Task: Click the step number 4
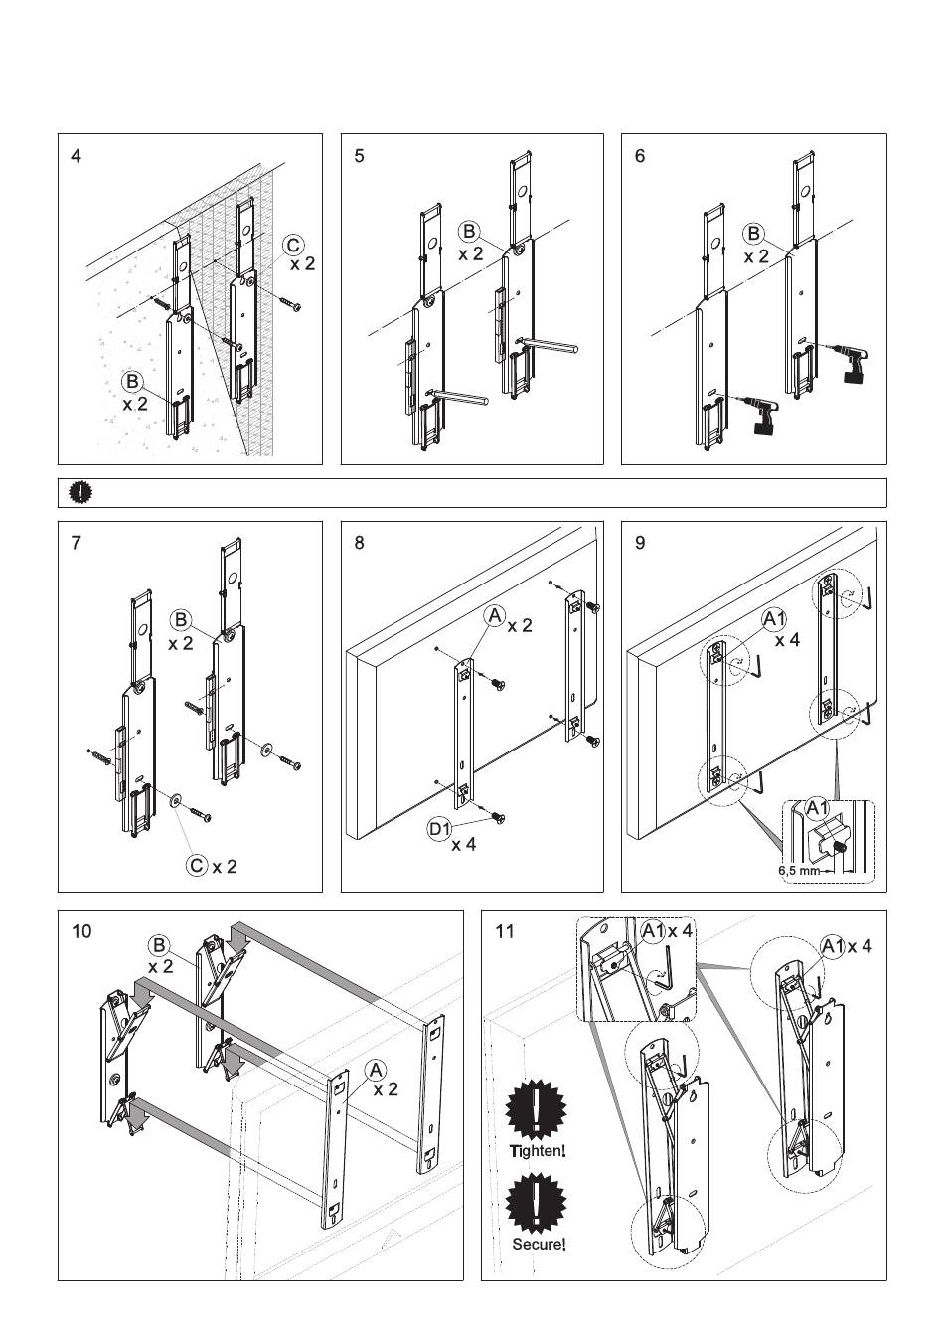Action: click(x=76, y=156)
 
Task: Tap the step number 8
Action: click(x=359, y=544)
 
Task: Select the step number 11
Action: click(x=505, y=931)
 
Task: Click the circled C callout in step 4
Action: click(x=293, y=246)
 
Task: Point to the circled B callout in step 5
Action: click(x=469, y=231)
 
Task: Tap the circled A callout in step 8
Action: click(x=495, y=616)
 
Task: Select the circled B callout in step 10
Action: click(x=159, y=946)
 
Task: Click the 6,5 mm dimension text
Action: click(x=797, y=870)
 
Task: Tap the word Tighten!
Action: click(x=538, y=1150)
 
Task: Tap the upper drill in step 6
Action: click(x=848, y=362)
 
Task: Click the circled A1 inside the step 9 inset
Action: click(x=817, y=809)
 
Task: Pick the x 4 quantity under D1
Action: click(x=463, y=845)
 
